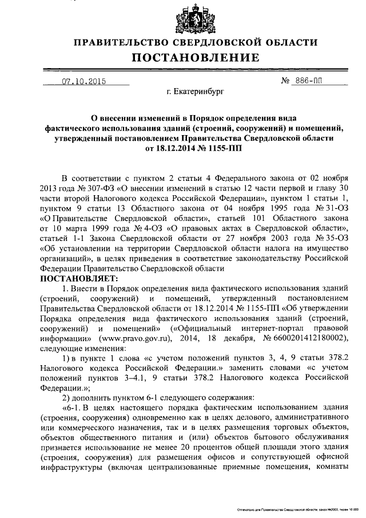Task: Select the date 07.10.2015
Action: (84, 81)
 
